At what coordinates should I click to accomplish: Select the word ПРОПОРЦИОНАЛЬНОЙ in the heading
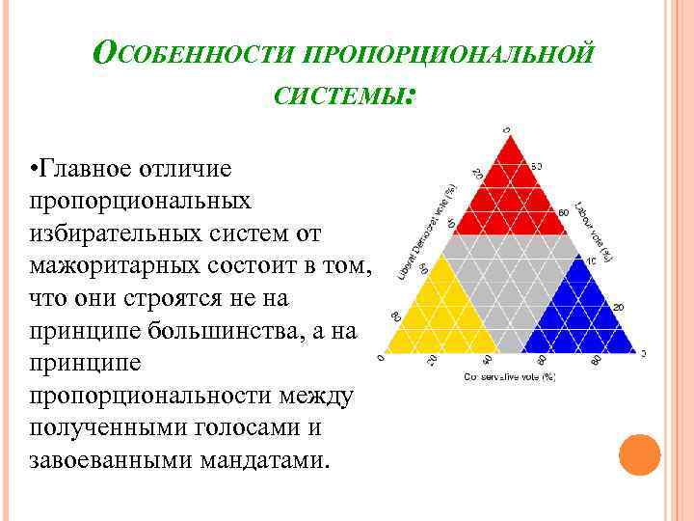tap(446, 53)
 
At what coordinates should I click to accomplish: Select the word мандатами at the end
tap(263, 460)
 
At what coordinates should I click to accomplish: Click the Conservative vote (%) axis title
tap(512, 376)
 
